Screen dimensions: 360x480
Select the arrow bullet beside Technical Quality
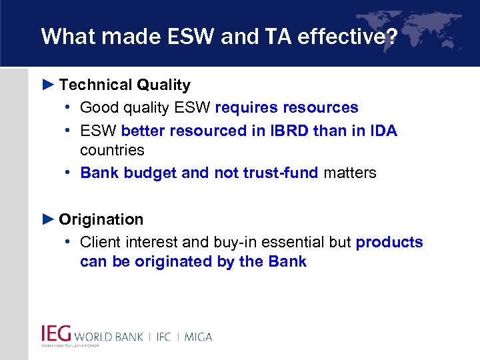48,85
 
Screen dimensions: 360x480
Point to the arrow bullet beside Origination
48,219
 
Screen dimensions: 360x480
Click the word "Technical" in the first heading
95,85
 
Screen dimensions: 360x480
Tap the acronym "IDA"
381,131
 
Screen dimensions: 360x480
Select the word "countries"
112,149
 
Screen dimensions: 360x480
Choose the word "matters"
350,173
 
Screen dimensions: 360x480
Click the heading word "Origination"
101,219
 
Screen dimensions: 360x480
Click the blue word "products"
389,242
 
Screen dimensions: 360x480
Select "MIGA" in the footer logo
197,337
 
